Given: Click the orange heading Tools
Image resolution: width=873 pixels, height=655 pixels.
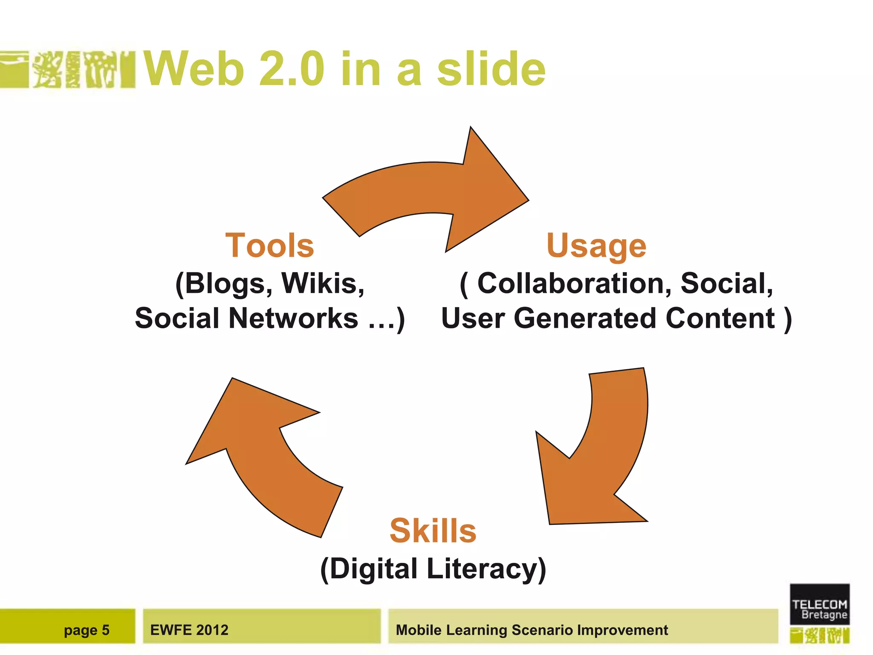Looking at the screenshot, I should (269, 246).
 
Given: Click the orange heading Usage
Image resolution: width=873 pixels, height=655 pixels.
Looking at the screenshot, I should (596, 246).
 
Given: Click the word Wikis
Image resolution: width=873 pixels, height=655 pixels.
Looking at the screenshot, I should (323, 284).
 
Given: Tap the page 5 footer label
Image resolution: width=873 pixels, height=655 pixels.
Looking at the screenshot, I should (87, 630).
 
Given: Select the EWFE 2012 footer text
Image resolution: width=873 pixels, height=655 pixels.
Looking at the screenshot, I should (189, 630).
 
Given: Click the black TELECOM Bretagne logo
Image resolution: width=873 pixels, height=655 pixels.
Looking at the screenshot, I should (819, 604).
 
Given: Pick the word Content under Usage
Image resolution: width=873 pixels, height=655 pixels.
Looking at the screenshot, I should (720, 318).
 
